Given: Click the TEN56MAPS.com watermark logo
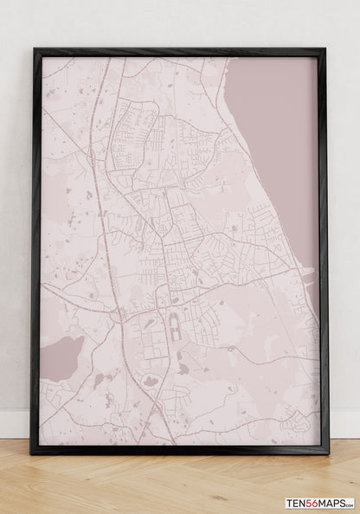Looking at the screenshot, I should click(x=320, y=503).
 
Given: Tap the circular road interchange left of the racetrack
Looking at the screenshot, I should click(x=116, y=315).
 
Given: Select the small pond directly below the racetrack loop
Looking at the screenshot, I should click(x=183, y=368).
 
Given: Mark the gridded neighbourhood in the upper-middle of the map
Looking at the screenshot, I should click(x=134, y=130).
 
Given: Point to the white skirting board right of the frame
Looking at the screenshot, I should click(x=344, y=423).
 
